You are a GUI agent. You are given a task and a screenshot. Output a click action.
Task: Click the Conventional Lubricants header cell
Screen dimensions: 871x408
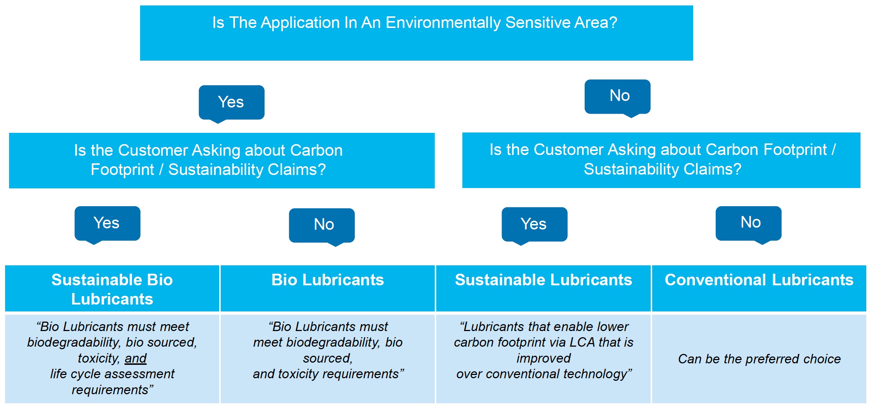tap(759, 289)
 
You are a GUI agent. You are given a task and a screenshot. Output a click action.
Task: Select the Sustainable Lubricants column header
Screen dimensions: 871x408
tap(543, 289)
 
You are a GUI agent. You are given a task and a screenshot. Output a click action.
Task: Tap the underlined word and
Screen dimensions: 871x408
tap(135, 358)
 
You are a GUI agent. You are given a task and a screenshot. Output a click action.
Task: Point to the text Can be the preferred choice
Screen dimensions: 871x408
tap(759, 359)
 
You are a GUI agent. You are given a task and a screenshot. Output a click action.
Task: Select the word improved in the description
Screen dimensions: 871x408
tap(543, 359)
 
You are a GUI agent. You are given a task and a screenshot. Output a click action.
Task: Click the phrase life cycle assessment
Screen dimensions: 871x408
tap(112, 374)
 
